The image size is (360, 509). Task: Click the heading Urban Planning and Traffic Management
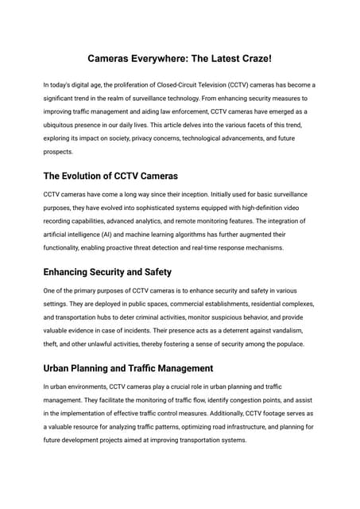(x=128, y=368)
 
